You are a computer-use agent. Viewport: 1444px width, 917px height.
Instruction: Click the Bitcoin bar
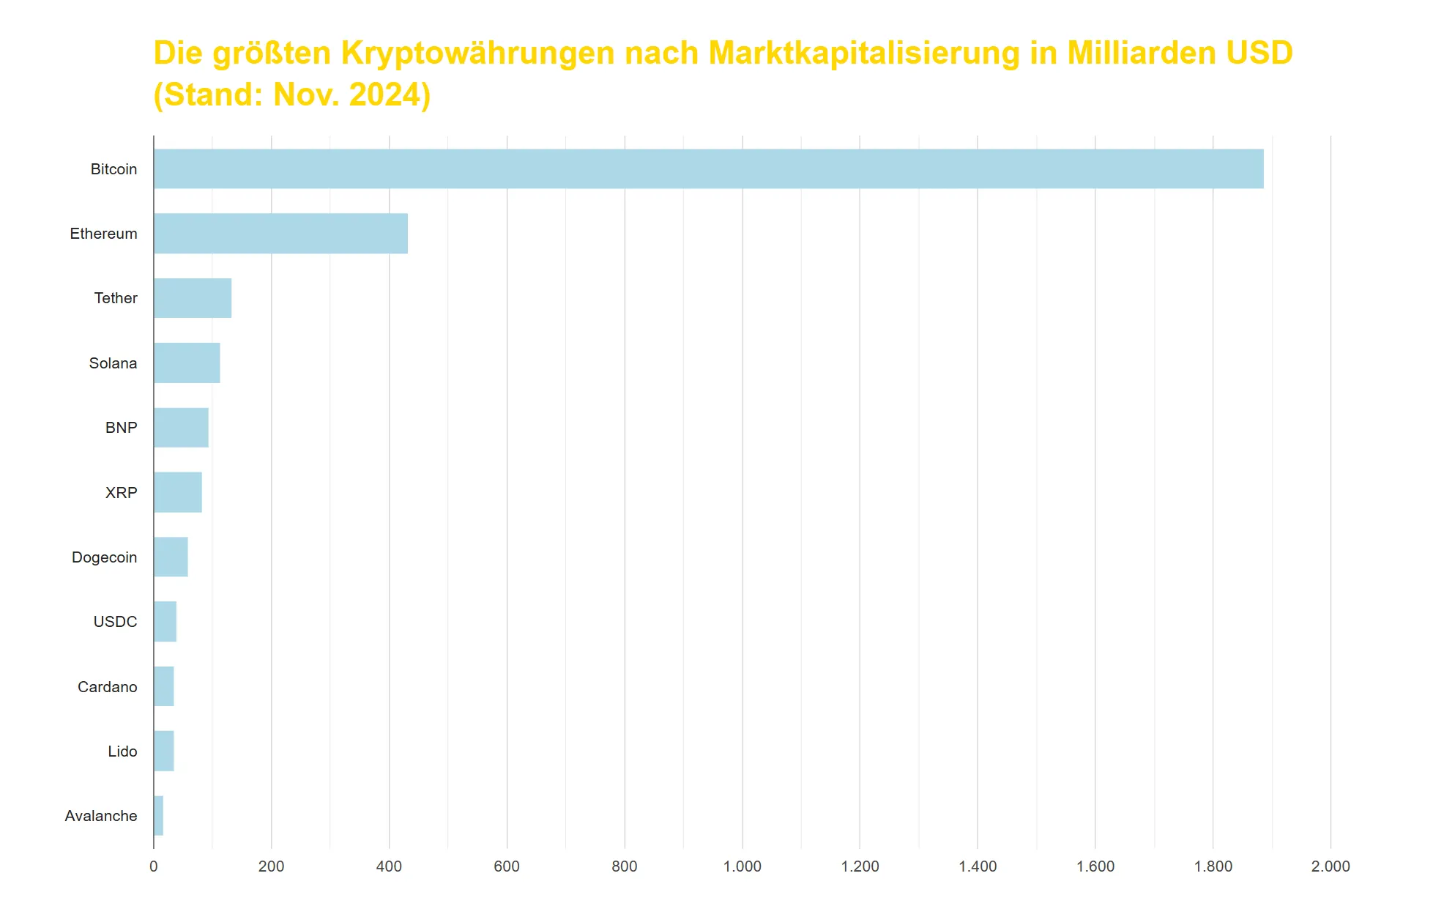pos(708,169)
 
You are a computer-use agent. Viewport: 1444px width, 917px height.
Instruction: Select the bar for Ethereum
pos(280,234)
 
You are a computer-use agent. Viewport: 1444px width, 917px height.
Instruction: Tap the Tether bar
pos(193,298)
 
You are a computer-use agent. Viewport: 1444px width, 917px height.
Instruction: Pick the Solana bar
pos(187,363)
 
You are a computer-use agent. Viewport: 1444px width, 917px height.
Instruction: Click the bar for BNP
pos(181,428)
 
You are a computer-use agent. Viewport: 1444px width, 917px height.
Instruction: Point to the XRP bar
pos(178,492)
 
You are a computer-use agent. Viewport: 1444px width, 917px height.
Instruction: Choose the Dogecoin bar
pos(171,557)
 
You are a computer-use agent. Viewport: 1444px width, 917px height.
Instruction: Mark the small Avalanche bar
pos(158,816)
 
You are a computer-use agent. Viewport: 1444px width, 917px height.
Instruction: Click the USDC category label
pos(115,622)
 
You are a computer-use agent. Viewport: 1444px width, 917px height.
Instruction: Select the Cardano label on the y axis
pos(107,687)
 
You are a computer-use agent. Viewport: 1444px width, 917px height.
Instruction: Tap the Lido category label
pos(122,751)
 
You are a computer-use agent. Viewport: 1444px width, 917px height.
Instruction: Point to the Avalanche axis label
pos(100,816)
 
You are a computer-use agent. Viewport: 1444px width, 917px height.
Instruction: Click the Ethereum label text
pos(103,234)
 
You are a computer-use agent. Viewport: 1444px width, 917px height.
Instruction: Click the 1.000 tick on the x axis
pos(742,866)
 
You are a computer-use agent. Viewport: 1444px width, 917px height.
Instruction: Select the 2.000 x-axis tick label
pos(1330,866)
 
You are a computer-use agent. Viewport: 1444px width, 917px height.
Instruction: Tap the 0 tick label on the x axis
pos(153,866)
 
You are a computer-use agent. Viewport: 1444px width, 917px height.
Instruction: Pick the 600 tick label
pos(506,866)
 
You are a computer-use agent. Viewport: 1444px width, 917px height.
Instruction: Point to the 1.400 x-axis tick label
pos(978,866)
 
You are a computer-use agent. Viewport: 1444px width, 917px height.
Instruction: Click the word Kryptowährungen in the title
pos(477,53)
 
